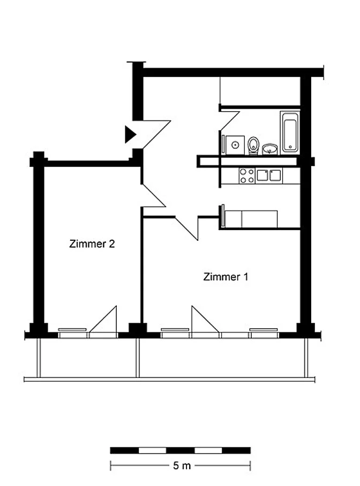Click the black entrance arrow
130,134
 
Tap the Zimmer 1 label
226,277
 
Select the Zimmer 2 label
92,244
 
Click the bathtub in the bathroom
290,132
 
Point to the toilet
253,146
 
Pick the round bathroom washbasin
270,149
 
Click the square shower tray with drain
235,145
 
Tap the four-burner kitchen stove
247,176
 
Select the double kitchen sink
269,176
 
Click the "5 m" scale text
182,466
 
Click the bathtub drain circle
290,147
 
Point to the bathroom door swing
230,121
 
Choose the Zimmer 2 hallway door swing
153,195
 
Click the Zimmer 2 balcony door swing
103,319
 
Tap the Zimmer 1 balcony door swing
205,319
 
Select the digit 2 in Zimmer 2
112,244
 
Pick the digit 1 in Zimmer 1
246,277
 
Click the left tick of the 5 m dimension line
111,466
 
